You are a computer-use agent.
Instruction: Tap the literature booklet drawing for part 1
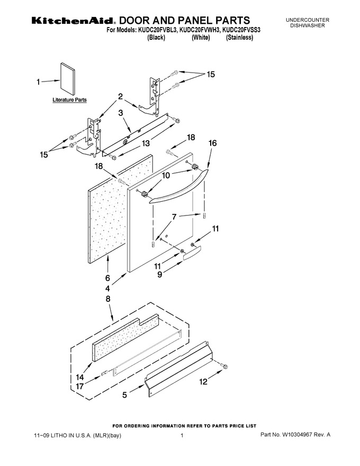pyautogui.click(x=68, y=77)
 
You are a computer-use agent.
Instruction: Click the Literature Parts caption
pyautogui.click(x=69, y=100)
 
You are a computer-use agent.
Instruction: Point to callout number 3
pyautogui.click(x=121, y=113)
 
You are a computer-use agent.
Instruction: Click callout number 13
pyautogui.click(x=146, y=144)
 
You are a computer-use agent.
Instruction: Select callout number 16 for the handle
pyautogui.click(x=213, y=143)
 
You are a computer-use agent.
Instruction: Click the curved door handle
pyautogui.click(x=178, y=188)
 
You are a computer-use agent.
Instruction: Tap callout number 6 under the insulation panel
pyautogui.click(x=107, y=278)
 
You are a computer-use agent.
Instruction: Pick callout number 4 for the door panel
pyautogui.click(x=107, y=288)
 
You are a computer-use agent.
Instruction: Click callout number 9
pyautogui.click(x=160, y=274)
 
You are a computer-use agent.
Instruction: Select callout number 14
pyautogui.click(x=80, y=377)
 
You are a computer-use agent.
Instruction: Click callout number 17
pyautogui.click(x=80, y=387)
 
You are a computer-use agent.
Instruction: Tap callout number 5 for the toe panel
pyautogui.click(x=124, y=395)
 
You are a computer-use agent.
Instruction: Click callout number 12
pyautogui.click(x=203, y=382)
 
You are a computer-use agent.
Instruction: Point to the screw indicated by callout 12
pyautogui.click(x=224, y=366)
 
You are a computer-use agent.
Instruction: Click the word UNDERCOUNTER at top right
pyautogui.click(x=308, y=20)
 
